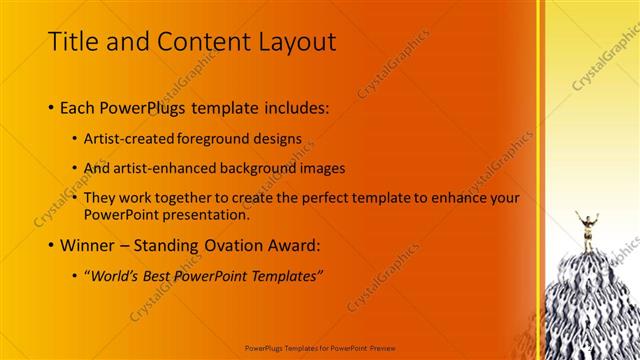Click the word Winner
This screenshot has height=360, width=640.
90,245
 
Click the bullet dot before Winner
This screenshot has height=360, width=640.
51,246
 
